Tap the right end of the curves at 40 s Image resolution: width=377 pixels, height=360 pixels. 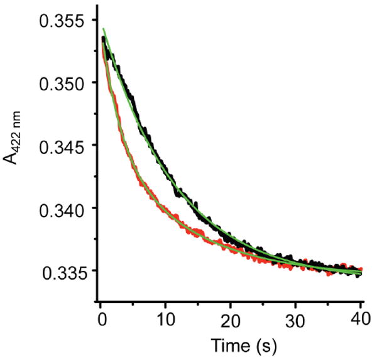coord(359,272)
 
